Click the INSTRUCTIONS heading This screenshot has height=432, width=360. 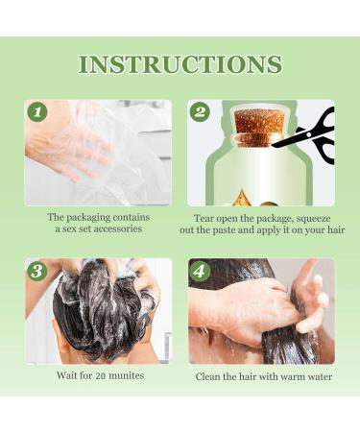point(180,64)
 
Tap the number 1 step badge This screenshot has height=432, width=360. point(37,112)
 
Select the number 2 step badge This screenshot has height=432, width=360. point(200,112)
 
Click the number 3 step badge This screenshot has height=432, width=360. point(37,271)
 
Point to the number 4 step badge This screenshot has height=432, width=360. point(200,271)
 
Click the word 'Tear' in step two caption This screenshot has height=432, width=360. point(204,217)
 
